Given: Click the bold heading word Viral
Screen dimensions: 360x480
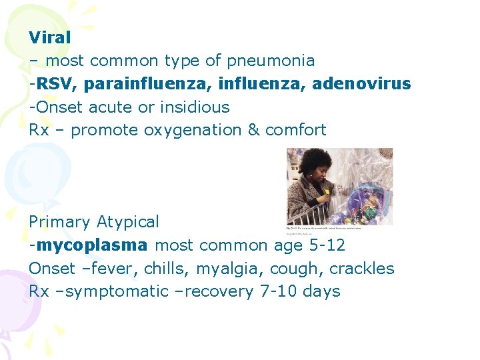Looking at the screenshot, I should (x=49, y=37).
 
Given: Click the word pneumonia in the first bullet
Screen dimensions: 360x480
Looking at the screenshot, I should (x=270, y=61).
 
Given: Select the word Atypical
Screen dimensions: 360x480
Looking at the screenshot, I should (x=127, y=221).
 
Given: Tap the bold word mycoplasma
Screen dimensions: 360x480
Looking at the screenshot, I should (x=92, y=245).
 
